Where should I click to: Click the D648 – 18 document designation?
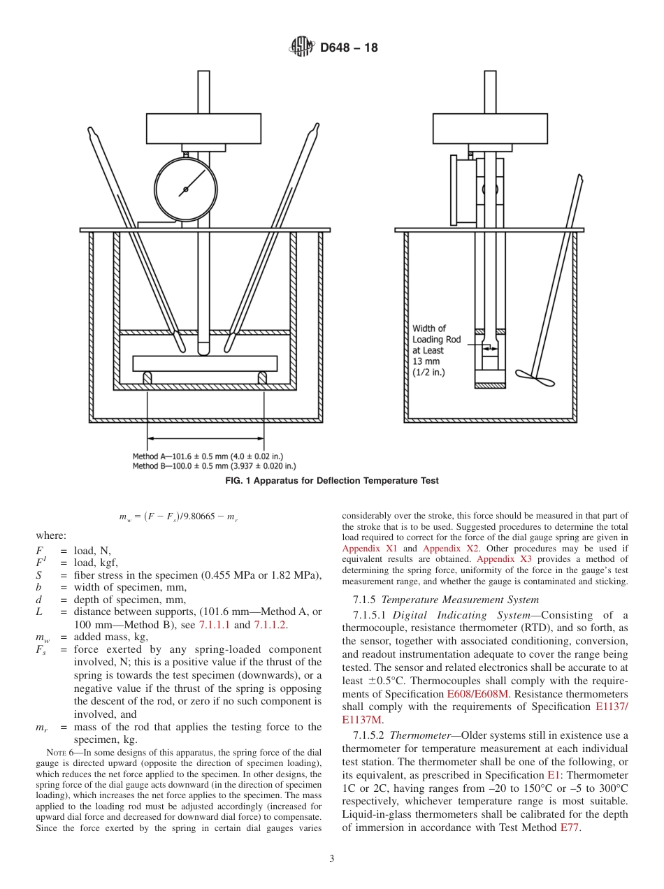click(x=349, y=48)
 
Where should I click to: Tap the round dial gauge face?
click(x=186, y=189)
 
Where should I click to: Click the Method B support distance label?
click(x=214, y=465)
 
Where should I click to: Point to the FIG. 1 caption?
click(x=331, y=481)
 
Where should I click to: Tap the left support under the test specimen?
click(x=147, y=377)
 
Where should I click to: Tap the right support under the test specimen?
click(x=263, y=377)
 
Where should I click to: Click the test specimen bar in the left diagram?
click(x=205, y=363)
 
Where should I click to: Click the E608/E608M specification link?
click(x=477, y=694)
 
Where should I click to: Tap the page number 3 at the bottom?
click(x=331, y=859)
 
